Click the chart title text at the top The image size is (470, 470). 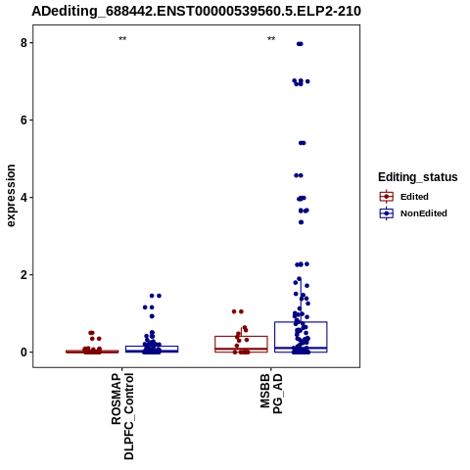196,11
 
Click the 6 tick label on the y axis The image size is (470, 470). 23,120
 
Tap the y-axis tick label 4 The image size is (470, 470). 23,198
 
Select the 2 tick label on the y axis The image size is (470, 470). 23,275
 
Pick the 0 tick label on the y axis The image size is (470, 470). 23,352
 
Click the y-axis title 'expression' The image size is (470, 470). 11,196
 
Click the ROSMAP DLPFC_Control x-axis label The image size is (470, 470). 122,416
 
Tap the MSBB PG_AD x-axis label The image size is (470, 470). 271,394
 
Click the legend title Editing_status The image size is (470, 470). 418,177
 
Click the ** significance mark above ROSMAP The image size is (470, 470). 122,39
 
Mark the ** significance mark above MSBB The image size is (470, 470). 271,39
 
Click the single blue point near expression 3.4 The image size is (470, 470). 302,222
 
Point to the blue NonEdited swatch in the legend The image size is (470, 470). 387,213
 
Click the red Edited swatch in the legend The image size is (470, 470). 387,197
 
